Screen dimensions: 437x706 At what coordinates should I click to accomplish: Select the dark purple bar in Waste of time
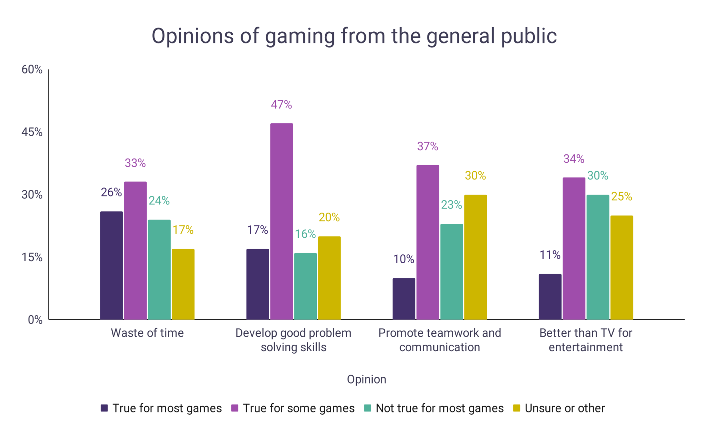point(111,265)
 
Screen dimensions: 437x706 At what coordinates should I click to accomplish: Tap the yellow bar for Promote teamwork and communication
point(475,257)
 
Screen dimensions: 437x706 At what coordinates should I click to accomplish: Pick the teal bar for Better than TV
point(598,257)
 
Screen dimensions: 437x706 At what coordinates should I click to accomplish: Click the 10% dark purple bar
point(404,298)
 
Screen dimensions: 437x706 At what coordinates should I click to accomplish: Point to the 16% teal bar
point(305,286)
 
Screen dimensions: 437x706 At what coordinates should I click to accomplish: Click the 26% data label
point(111,192)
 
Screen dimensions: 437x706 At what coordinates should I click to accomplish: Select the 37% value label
point(427,146)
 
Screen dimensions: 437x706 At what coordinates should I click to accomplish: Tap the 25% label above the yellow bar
point(621,196)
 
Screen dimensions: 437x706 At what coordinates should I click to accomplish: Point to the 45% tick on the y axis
point(32,132)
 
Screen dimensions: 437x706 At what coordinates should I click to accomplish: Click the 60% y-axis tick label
point(32,70)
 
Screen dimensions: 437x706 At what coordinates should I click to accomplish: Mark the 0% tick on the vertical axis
point(35,320)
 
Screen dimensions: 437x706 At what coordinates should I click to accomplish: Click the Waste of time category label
point(147,333)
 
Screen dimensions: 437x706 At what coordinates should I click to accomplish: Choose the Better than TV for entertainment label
point(585,340)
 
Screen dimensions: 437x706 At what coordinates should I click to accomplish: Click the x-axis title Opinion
point(366,379)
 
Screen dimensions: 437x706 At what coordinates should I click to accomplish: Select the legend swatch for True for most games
point(104,408)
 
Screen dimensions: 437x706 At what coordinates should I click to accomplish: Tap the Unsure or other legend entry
point(564,408)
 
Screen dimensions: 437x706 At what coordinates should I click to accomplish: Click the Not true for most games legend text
point(440,408)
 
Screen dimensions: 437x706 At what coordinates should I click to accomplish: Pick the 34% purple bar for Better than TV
point(574,248)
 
